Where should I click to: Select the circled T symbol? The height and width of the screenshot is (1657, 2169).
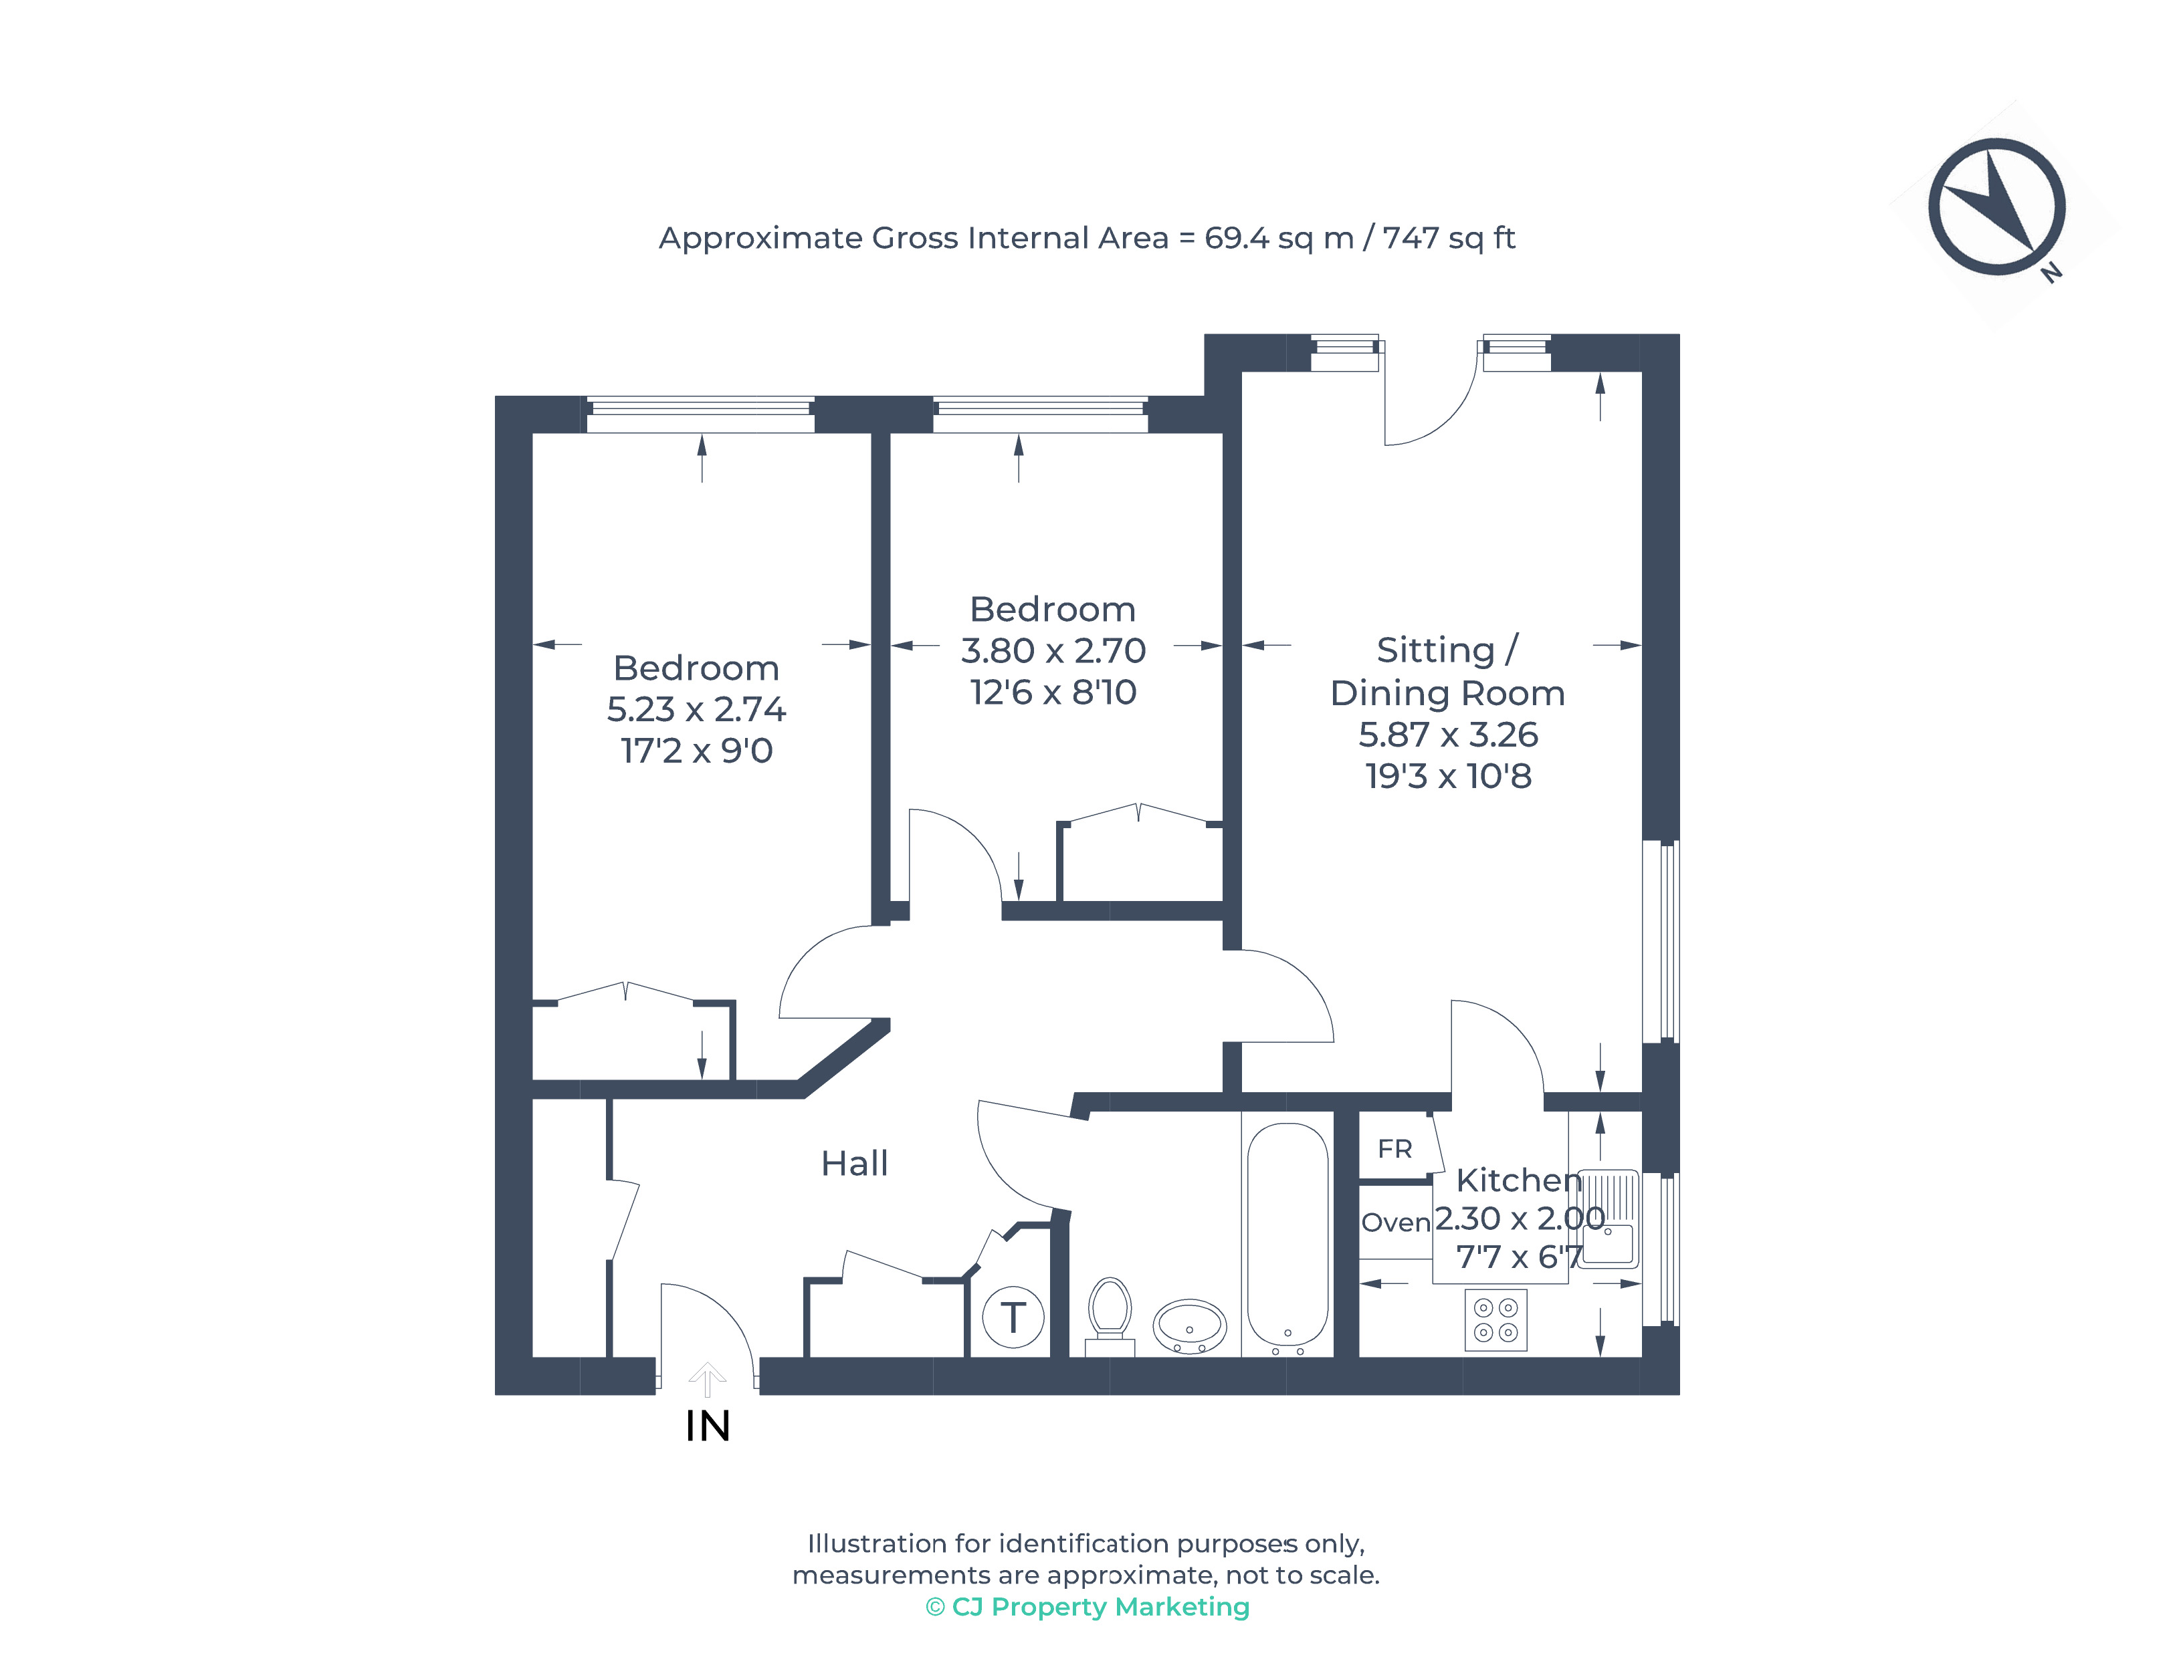point(1013,1317)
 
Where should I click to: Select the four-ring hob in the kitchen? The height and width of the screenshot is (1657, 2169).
point(1495,1319)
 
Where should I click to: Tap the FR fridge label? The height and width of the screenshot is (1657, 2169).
point(1395,1149)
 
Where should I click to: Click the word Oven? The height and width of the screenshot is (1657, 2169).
point(1395,1223)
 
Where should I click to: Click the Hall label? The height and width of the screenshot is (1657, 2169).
point(855,1164)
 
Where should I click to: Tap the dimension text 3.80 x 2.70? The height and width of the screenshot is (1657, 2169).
point(1053,651)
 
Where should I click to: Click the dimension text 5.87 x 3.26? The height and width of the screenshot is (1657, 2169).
point(1447,735)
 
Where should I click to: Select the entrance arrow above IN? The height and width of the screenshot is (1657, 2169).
point(706,1380)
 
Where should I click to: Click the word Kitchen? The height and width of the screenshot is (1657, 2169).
point(1519,1180)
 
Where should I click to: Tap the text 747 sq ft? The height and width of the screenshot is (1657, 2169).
point(1449,239)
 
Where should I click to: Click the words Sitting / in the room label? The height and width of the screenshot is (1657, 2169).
point(1447,650)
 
